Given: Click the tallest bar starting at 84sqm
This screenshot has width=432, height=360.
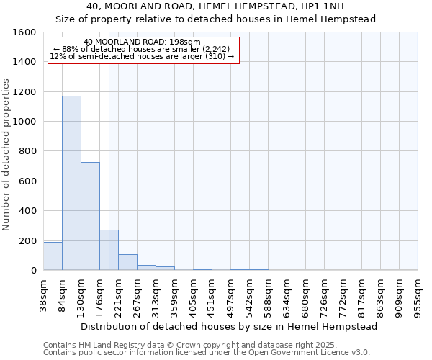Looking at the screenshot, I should pos(71,183).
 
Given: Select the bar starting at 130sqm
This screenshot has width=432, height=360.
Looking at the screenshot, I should pos(90,216).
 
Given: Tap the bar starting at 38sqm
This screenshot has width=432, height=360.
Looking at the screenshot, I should pos(53,256).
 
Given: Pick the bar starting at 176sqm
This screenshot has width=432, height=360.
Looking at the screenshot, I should pos(109,250).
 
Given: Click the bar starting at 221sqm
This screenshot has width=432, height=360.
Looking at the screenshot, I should pos(127,262).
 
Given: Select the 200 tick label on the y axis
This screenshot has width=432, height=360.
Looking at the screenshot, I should pos(29,240).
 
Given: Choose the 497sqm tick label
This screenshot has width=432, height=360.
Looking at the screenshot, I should pos(230,295).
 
